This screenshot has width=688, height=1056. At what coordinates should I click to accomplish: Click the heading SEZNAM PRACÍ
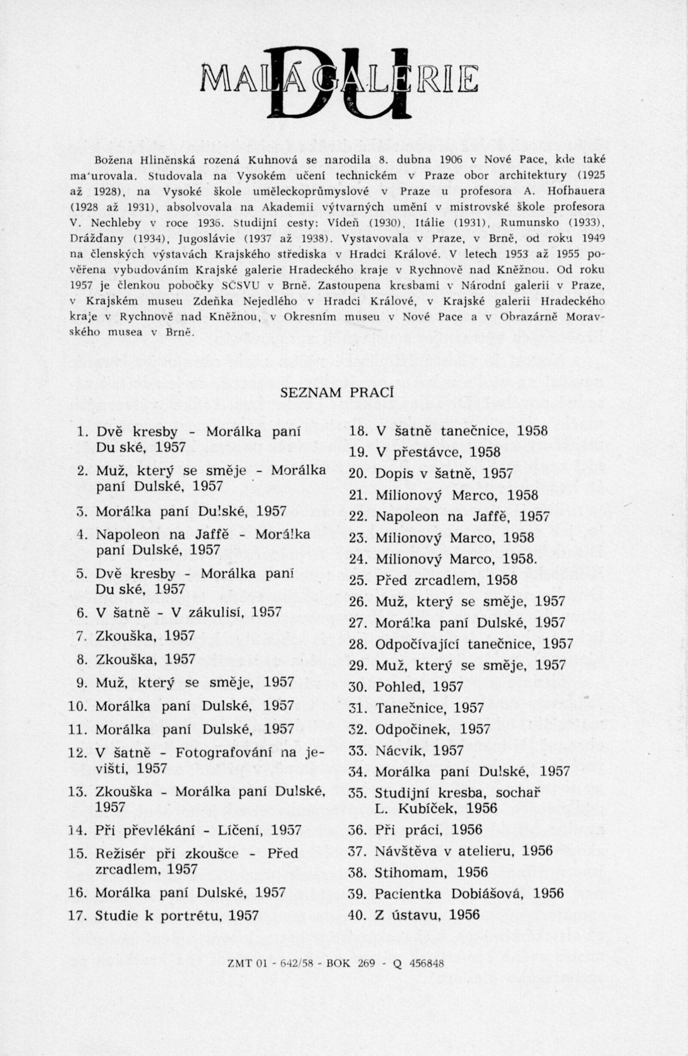(x=338, y=393)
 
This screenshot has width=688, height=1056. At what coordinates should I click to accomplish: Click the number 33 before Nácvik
(x=356, y=751)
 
